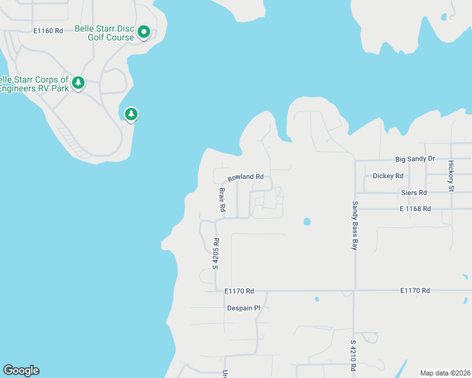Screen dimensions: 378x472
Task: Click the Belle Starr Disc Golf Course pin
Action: click(144, 31)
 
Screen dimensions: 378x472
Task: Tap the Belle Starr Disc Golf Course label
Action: click(105, 33)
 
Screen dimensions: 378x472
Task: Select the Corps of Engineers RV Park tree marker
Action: click(78, 83)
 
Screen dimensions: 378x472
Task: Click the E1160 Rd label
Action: click(49, 30)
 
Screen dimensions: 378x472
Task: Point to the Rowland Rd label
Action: click(245, 177)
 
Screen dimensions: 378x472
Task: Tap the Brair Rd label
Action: click(222, 198)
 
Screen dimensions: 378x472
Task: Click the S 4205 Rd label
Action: click(216, 253)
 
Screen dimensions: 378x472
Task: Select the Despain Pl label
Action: click(244, 308)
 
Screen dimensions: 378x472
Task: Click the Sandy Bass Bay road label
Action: click(355, 226)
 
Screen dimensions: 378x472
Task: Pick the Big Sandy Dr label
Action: click(415, 159)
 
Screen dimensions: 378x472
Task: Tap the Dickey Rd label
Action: click(388, 176)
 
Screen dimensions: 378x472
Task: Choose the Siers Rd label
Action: click(414, 192)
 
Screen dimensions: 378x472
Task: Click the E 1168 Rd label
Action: click(415, 209)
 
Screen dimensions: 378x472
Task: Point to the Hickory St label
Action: click(451, 176)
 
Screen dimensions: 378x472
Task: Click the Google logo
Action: click(21, 370)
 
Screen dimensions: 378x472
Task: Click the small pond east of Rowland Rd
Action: click(307, 222)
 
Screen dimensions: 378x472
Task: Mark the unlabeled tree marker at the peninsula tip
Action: click(131, 114)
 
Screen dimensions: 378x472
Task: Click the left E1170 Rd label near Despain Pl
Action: click(239, 291)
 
